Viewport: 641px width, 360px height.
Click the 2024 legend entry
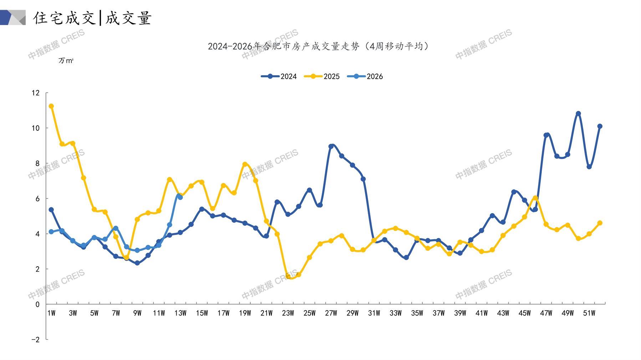[279, 76]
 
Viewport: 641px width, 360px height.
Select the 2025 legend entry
[322, 76]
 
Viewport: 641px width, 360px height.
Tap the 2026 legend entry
[365, 76]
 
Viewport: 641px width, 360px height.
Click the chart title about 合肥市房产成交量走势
[319, 46]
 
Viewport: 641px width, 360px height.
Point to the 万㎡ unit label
[66, 61]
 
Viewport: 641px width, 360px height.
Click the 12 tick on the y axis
[35, 93]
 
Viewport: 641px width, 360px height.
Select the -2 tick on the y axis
[35, 339]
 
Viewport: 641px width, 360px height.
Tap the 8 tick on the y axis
[37, 163]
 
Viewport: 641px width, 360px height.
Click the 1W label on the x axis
[51, 313]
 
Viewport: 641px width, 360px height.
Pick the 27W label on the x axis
[331, 313]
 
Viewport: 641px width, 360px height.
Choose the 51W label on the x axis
[589, 313]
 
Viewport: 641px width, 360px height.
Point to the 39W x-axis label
[460, 313]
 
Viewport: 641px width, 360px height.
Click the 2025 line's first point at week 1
[51, 106]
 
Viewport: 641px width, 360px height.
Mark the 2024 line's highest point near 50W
[578, 114]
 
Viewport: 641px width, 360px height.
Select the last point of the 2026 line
[180, 197]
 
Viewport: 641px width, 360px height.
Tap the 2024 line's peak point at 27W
[331, 146]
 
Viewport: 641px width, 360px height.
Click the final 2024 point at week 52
[600, 126]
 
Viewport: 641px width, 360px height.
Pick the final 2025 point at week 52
[600, 223]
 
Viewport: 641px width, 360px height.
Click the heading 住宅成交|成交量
[92, 18]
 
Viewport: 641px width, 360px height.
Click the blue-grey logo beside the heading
[13, 17]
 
